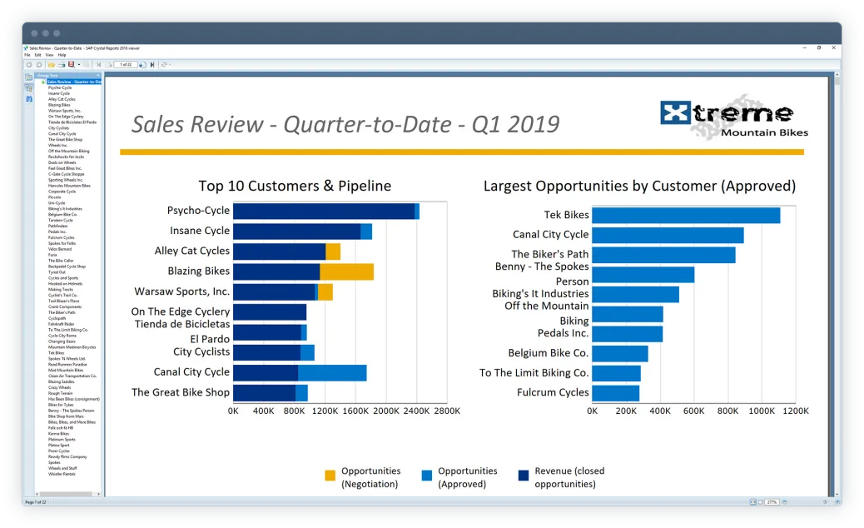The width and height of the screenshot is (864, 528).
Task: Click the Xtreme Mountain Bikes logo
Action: point(732,118)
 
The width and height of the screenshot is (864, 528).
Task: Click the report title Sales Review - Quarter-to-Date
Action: point(345,124)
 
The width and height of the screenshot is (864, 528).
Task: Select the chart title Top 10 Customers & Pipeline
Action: point(295,186)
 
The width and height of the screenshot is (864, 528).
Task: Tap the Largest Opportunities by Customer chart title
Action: point(639,186)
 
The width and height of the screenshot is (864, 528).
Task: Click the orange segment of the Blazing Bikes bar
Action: point(346,271)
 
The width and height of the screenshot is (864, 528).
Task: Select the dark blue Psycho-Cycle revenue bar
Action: point(323,212)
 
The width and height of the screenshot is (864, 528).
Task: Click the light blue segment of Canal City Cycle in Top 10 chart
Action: point(332,372)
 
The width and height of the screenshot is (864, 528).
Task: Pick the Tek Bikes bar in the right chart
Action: point(686,215)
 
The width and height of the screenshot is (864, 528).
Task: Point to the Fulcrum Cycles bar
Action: point(615,392)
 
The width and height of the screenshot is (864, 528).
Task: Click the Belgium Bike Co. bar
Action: point(619,353)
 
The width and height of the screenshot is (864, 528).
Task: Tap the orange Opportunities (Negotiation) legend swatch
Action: point(330,476)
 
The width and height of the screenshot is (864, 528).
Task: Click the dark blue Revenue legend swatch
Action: point(524,476)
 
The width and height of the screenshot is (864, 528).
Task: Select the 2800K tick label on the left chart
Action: point(446,411)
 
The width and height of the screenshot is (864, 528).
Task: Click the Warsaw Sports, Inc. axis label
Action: point(182,291)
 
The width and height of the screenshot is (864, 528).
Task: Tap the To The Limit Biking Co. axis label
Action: point(534,372)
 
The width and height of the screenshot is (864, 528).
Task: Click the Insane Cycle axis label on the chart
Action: point(200,231)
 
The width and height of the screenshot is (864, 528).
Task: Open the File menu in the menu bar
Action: point(27,55)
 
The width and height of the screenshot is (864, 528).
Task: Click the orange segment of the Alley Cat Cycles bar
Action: point(333,252)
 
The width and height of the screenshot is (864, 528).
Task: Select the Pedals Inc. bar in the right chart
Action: point(627,334)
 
